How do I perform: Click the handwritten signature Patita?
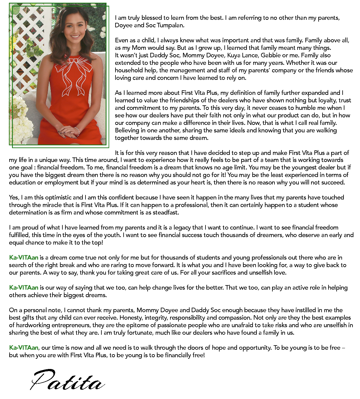tap(67, 381)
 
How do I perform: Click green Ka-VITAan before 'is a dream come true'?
tap(24, 258)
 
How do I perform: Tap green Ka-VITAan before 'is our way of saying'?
tap(24, 288)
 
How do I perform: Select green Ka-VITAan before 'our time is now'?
tap(24, 348)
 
